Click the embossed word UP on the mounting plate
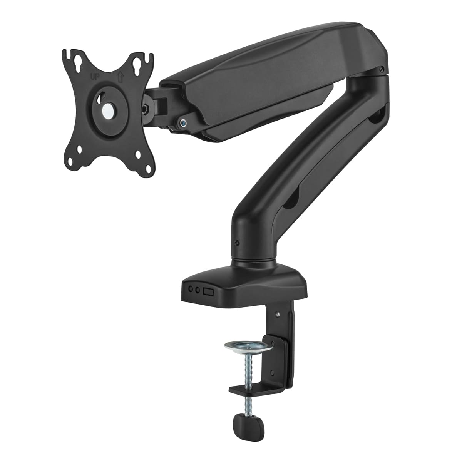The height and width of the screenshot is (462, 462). point(94,77)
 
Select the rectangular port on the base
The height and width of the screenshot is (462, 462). point(209,291)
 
